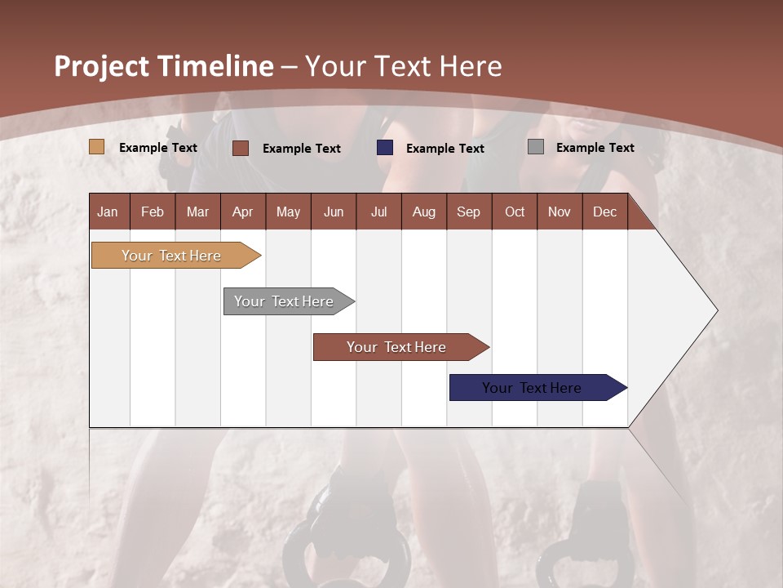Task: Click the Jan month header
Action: pos(108,212)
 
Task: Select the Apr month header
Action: pos(242,212)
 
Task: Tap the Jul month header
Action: pos(378,212)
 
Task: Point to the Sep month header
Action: pos(468,212)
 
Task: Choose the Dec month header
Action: pos(604,212)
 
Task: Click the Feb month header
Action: pos(153,212)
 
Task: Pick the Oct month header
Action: pos(515,212)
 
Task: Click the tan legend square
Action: pos(97,147)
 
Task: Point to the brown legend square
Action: pos(241,148)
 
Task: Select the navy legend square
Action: pos(385,148)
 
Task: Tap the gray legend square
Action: pos(536,147)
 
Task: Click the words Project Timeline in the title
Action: pos(164,66)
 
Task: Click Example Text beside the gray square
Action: pos(595,148)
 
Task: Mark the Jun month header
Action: pos(334,212)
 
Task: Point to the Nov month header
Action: pos(560,212)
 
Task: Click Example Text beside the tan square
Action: pos(158,148)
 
